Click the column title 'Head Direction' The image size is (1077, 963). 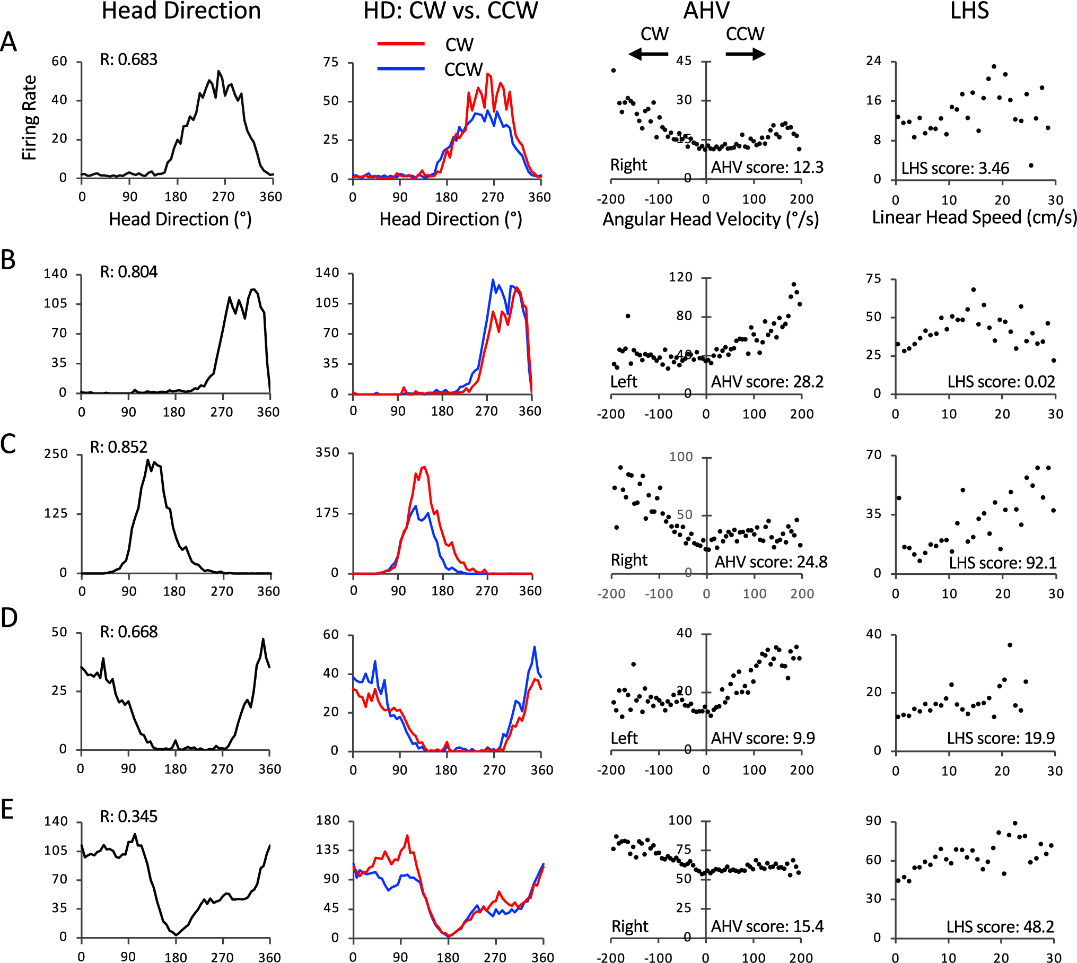click(x=181, y=11)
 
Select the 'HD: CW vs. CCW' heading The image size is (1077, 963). click(x=450, y=11)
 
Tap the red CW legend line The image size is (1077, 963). click(x=401, y=43)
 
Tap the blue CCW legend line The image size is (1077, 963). click(x=401, y=68)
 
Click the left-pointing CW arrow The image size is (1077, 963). click(x=648, y=54)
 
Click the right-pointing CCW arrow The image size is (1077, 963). click(x=745, y=54)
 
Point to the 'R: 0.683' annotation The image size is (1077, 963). click(x=129, y=59)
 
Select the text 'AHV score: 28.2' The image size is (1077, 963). click(x=767, y=381)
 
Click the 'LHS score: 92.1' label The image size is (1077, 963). click(x=1002, y=563)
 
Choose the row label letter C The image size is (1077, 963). click(x=8, y=444)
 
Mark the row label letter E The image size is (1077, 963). click(x=7, y=810)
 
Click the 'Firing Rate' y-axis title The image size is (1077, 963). click(x=30, y=118)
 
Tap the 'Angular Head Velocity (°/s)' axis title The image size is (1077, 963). click(x=711, y=219)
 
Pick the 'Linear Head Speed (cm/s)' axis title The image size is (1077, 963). click(x=974, y=217)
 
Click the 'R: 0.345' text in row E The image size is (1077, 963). click(x=129, y=816)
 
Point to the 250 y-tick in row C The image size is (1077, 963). click(x=56, y=454)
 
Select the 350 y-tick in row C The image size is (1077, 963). click(x=327, y=452)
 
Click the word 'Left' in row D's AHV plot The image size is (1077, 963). click(x=624, y=738)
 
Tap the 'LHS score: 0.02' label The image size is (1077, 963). click(x=1001, y=381)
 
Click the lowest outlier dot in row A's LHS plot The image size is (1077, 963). click(x=1031, y=165)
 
